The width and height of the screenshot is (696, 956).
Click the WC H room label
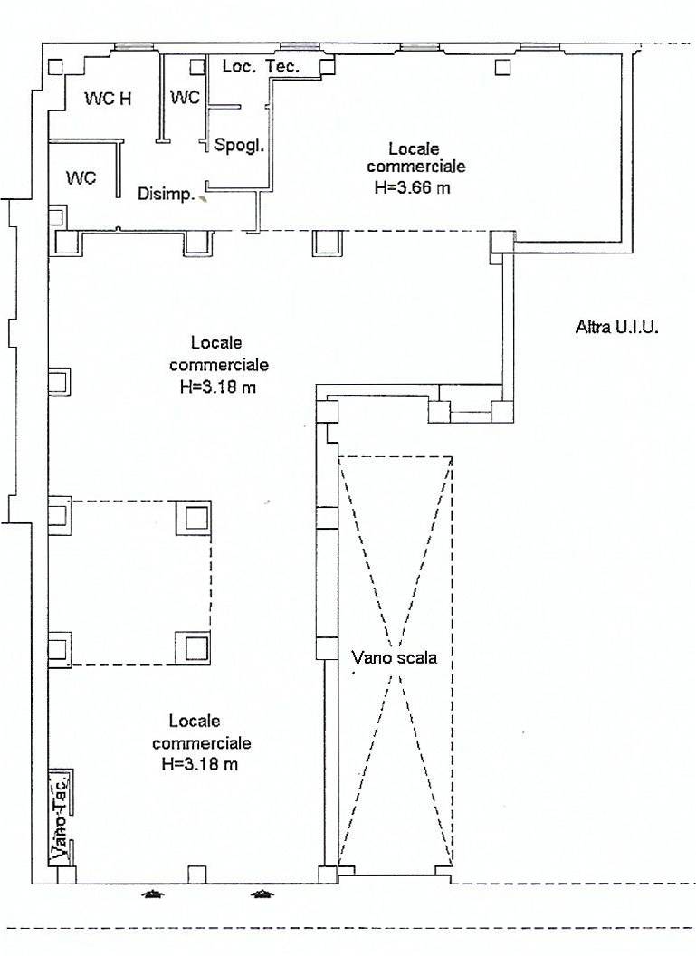tap(108, 98)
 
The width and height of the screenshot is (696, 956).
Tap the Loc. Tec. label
tap(261, 66)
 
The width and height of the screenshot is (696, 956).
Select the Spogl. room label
tap(239, 147)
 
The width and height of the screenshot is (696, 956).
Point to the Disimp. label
tap(166, 195)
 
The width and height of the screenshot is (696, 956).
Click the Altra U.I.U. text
tap(616, 328)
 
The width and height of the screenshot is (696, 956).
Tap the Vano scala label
tap(395, 658)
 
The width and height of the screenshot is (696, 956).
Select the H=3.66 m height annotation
tap(413, 187)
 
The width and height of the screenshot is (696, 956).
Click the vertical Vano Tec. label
tap(60, 816)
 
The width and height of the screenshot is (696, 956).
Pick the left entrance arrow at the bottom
tap(153, 895)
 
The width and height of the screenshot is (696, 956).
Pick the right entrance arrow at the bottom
tap(262, 895)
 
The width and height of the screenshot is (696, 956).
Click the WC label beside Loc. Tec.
tap(185, 98)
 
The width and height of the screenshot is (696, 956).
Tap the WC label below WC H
tap(81, 178)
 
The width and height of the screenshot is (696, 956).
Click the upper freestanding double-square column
tap(194, 518)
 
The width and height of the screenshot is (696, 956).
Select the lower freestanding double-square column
tap(193, 647)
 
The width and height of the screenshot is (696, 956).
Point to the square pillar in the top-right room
tap(502, 66)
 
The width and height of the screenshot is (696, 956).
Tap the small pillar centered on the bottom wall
tap(195, 875)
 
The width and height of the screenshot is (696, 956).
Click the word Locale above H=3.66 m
tap(414, 148)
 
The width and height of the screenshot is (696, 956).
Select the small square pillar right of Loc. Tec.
tap(328, 66)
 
